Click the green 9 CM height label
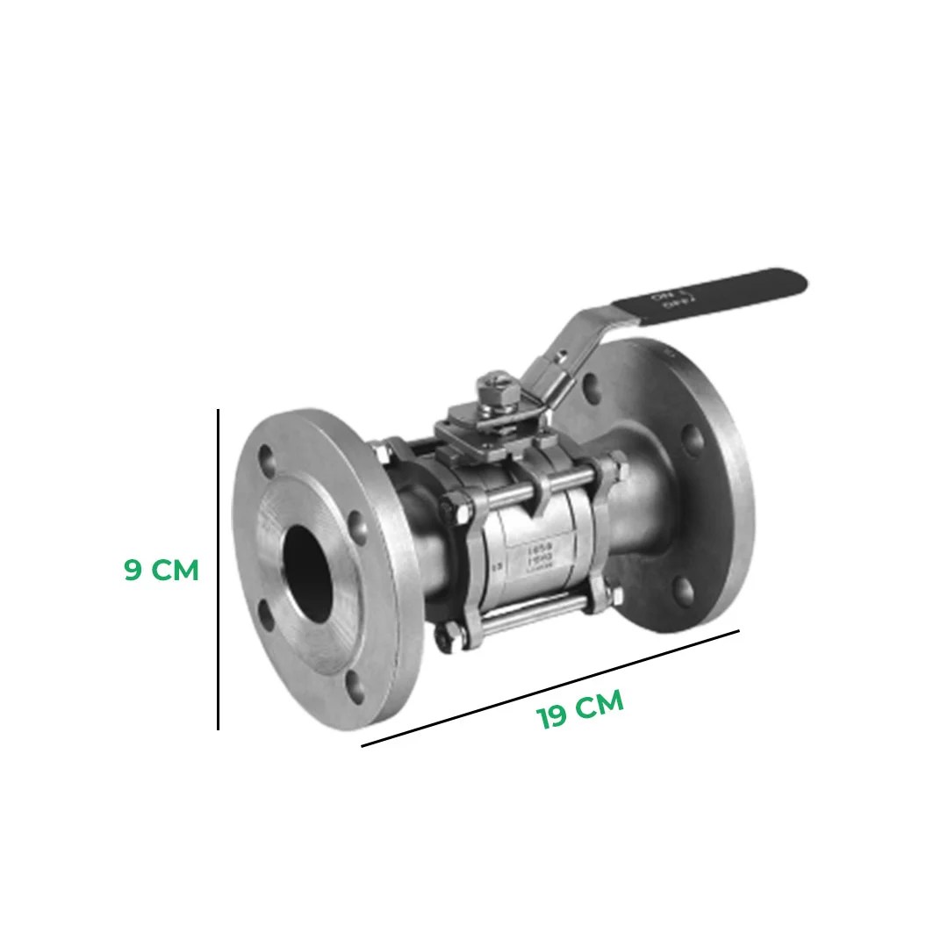point(162,571)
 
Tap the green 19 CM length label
point(580,709)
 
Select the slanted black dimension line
point(550,688)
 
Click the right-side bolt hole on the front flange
point(358,527)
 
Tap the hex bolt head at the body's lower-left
point(449,636)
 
